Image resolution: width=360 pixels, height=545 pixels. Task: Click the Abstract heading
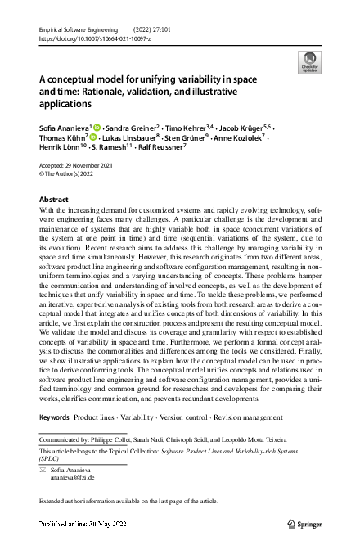pyautogui.click(x=54, y=199)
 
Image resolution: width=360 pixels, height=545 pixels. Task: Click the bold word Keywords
pyautogui.click(x=55, y=417)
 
